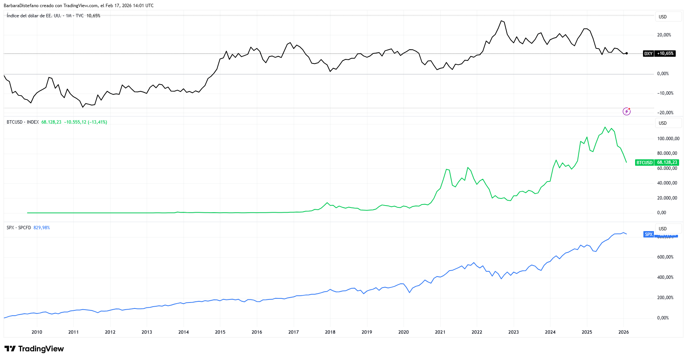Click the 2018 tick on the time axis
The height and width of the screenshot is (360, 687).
click(330, 332)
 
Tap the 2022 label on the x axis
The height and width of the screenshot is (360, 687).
click(476, 332)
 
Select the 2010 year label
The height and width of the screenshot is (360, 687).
click(36, 332)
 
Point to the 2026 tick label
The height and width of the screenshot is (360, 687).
click(623, 332)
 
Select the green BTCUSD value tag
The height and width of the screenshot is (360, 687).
click(657, 163)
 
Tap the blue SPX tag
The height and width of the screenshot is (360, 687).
click(649, 234)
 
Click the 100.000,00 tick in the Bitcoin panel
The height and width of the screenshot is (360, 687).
click(668, 139)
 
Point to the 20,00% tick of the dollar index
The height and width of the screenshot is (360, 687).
click(664, 35)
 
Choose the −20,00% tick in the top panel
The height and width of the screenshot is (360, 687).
click(665, 113)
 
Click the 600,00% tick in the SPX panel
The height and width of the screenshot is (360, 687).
click(665, 257)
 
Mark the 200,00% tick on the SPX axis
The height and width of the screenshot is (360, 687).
click(665, 298)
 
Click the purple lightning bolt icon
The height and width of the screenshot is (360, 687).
click(626, 111)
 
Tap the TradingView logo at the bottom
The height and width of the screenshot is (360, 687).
click(34, 349)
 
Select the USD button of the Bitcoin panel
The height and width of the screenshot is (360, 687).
click(663, 123)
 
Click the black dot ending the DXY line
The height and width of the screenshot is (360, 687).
click(626, 53)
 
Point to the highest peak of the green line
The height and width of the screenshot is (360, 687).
click(605, 127)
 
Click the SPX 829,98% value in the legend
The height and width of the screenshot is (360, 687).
click(41, 228)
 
